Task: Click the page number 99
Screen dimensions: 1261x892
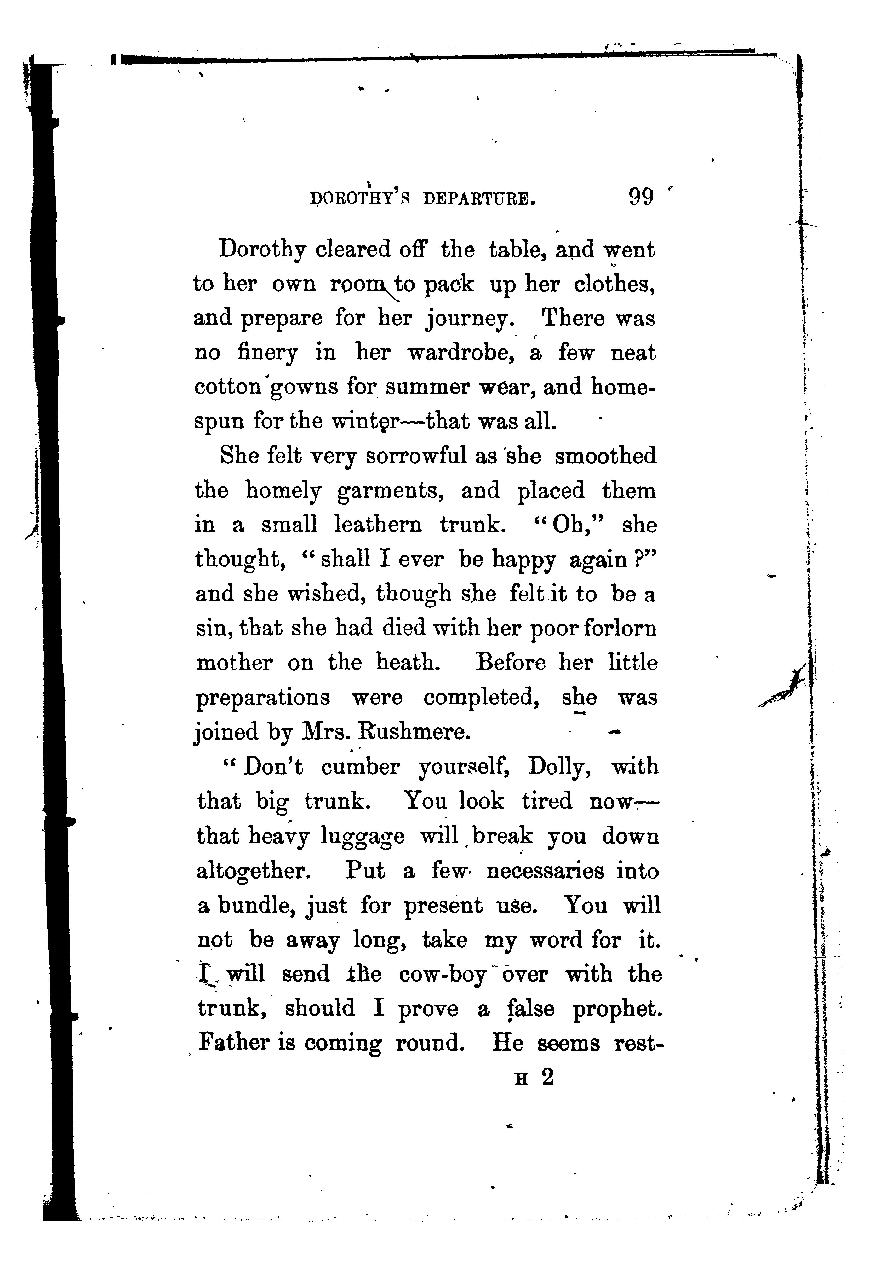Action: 641,197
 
